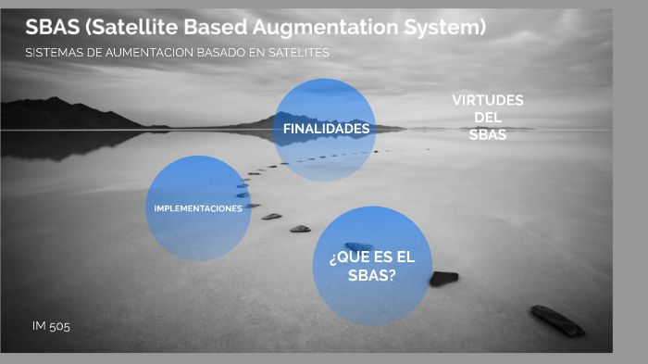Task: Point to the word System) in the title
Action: [x=445, y=28]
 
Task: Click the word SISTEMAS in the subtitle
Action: [x=54, y=53]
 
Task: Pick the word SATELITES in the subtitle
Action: [x=298, y=53]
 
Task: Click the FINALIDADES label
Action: [x=326, y=129]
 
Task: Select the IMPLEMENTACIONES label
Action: [x=198, y=208]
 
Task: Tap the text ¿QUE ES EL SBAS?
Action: [x=372, y=267]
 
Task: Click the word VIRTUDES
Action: [x=488, y=100]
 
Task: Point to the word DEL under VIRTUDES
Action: [x=488, y=118]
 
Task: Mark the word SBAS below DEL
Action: [x=488, y=135]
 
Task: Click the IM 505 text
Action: [x=51, y=326]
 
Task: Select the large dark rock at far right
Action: [x=557, y=320]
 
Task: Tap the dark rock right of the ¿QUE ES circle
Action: [x=443, y=278]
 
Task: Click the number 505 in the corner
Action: [x=59, y=326]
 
